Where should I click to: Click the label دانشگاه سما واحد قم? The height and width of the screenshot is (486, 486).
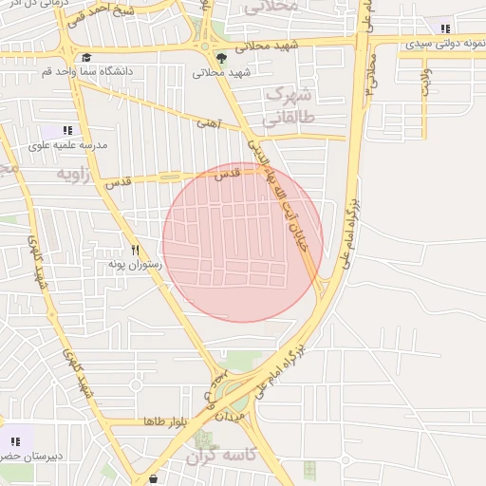[x=87, y=71]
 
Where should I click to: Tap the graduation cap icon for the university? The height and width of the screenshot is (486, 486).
[x=87, y=57]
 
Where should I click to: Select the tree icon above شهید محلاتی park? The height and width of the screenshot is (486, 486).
[x=221, y=57]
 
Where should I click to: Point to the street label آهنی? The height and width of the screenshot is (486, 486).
[x=207, y=122]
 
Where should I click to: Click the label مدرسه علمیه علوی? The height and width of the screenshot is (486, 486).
[x=67, y=145]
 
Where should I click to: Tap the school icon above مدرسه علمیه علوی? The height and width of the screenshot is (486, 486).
[x=66, y=130]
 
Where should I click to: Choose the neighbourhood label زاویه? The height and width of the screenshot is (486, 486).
[x=78, y=175]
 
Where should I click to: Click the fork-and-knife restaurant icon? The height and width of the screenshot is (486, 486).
[x=135, y=249]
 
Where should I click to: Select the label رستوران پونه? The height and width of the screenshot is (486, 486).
[x=135, y=263]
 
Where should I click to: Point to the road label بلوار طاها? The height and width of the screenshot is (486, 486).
[x=162, y=421]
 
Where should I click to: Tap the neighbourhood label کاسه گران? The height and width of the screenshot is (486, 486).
[x=221, y=457]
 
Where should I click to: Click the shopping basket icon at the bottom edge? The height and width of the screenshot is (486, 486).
[x=153, y=480]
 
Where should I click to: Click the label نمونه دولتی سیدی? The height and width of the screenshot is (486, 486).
[x=445, y=44]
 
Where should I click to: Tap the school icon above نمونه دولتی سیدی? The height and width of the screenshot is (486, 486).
[x=445, y=29]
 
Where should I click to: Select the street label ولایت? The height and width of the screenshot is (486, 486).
[x=424, y=83]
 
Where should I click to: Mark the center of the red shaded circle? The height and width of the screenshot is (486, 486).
[x=242, y=242]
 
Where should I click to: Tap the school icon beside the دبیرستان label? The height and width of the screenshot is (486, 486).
[x=15, y=441]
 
